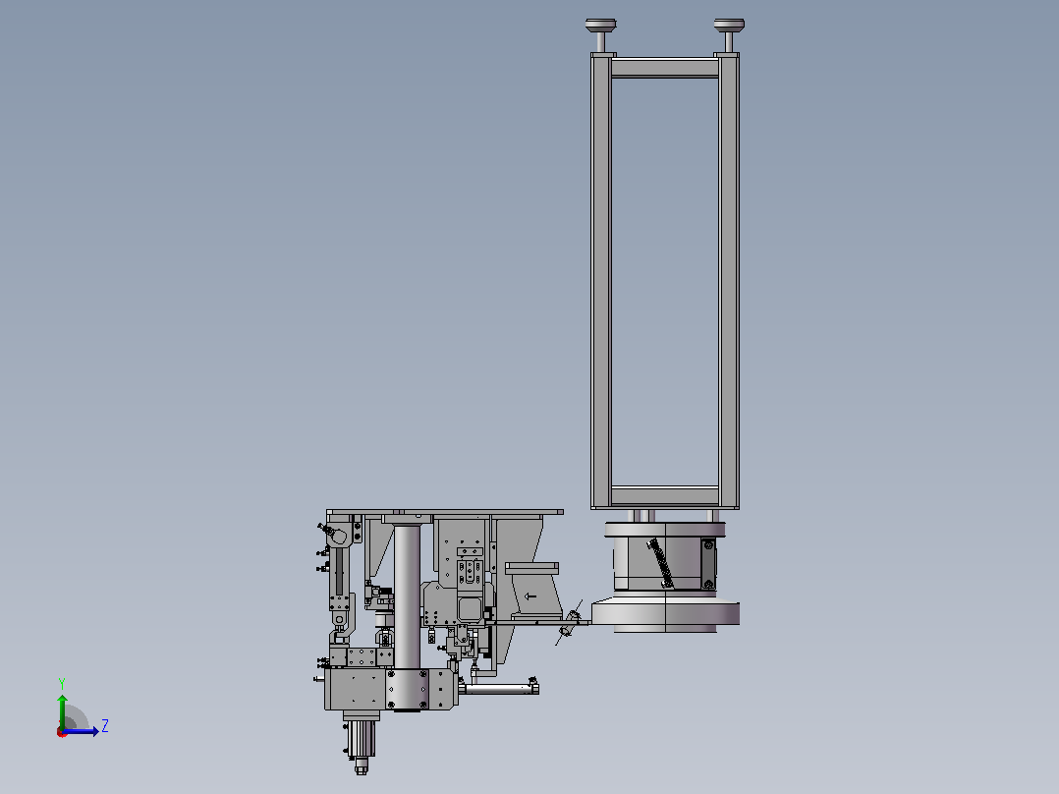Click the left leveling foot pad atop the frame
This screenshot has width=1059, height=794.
pos(600,26)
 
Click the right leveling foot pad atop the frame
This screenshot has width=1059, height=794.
pos(729,26)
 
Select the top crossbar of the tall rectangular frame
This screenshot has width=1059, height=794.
pos(664,68)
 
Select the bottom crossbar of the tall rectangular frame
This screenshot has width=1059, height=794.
pos(664,495)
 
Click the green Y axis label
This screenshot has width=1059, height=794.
pos(62,684)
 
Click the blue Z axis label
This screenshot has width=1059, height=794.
pos(105,726)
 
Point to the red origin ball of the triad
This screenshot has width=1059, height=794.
pos(62,732)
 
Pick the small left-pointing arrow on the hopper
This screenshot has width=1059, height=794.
pos(530,596)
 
